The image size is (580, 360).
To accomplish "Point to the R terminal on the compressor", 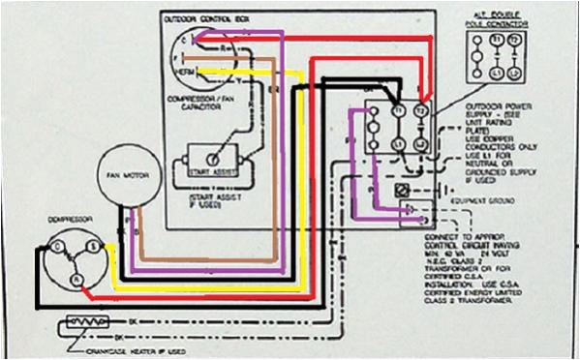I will tap(74, 278).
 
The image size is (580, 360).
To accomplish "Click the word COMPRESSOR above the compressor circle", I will tap(63, 220).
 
